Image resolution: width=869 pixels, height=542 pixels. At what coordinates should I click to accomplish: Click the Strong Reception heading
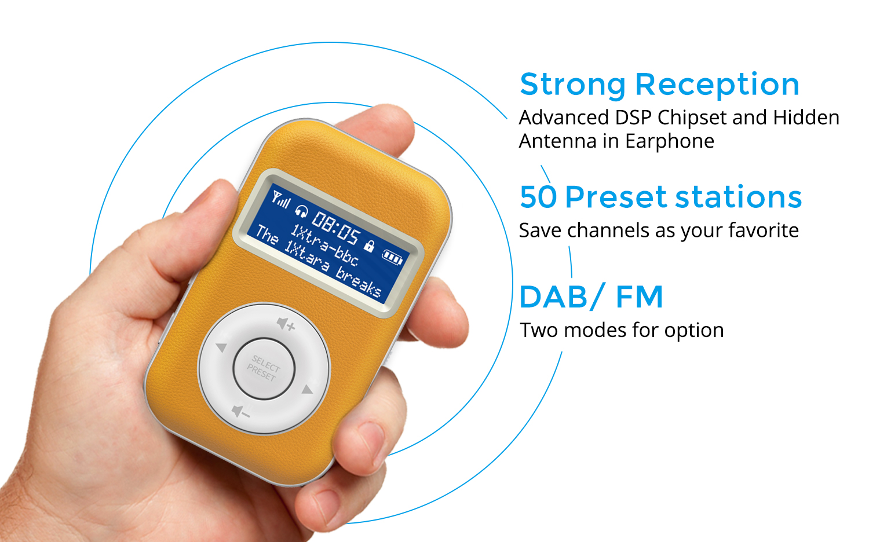[659, 85]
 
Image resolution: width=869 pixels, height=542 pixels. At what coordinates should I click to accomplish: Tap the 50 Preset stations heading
[660, 197]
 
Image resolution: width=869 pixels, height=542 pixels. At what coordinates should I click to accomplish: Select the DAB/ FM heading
[591, 297]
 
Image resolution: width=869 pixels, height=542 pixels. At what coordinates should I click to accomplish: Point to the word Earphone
[670, 141]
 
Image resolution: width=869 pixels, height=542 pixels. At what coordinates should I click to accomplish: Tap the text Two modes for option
[622, 330]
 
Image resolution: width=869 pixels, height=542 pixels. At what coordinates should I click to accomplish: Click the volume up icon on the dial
[286, 324]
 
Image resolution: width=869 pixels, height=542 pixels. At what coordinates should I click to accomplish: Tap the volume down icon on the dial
[240, 412]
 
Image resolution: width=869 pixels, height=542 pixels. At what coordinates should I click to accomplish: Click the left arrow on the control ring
[221, 347]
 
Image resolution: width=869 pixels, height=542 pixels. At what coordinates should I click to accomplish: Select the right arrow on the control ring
[307, 389]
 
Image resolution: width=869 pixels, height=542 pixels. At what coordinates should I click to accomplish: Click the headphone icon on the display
[301, 212]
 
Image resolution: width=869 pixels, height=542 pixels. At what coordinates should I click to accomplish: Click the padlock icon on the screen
[370, 246]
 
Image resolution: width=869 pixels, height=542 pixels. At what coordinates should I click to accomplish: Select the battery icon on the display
[393, 257]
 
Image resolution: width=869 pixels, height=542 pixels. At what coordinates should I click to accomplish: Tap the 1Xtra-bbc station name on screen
[324, 246]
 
